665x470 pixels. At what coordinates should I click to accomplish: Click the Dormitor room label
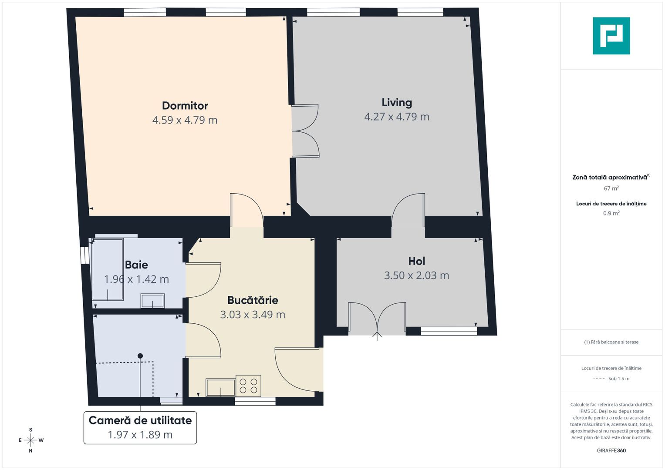pos(185,106)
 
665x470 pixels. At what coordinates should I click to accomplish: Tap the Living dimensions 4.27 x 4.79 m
pos(397,117)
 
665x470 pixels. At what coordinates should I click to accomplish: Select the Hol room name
pos(416,261)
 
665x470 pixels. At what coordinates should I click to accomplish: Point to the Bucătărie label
pos(253,300)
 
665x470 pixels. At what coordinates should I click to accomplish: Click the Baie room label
pos(136,265)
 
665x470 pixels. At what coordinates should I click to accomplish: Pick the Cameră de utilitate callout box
pos(140,427)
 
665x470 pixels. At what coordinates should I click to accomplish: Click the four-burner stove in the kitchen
pos(249,386)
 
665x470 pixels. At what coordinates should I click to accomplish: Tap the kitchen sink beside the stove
pos(221,387)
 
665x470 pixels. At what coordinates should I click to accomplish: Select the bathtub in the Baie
pos(108,269)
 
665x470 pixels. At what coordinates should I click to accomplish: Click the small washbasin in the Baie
pos(152,301)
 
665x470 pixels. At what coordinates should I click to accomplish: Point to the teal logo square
pos(611,36)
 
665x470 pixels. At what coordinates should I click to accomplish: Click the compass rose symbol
pos(30,440)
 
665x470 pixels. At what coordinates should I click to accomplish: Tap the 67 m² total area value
pos(611,188)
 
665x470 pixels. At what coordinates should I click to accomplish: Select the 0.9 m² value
pos(611,213)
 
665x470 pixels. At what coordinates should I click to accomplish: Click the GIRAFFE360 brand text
pos(611,450)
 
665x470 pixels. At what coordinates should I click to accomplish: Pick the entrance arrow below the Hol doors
pos(377,336)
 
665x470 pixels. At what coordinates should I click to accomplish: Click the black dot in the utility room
pos(140,356)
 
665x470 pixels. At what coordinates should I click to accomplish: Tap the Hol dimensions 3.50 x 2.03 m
pos(416,275)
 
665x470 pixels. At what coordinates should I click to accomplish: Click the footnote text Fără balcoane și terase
pos(611,342)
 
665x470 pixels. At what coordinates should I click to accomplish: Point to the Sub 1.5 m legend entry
pos(611,379)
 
